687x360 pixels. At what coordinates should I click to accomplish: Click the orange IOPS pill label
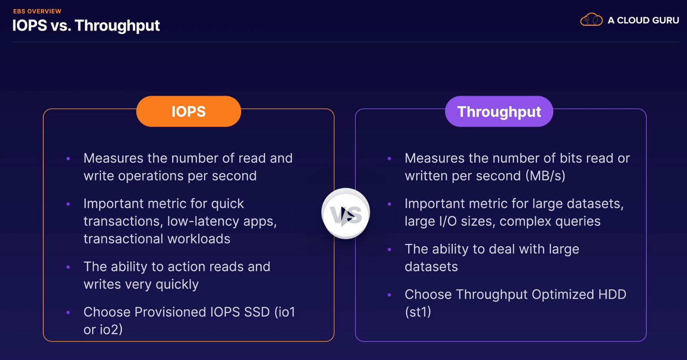189,111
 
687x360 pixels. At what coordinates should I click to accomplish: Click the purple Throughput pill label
499,111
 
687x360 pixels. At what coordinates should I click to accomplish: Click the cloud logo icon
591,20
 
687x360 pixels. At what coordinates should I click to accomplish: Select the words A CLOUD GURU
643,20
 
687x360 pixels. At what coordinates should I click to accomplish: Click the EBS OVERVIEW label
37,11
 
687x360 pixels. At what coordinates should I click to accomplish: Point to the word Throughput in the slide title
117,26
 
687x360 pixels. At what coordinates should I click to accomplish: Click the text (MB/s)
545,176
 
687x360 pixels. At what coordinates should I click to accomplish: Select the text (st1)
418,312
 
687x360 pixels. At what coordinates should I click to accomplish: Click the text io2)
111,330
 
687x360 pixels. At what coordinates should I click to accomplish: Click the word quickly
177,285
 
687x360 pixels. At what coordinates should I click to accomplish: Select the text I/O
448,221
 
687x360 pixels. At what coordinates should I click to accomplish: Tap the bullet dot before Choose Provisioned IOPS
68,313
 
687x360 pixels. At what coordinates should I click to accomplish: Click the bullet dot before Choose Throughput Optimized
389,295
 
